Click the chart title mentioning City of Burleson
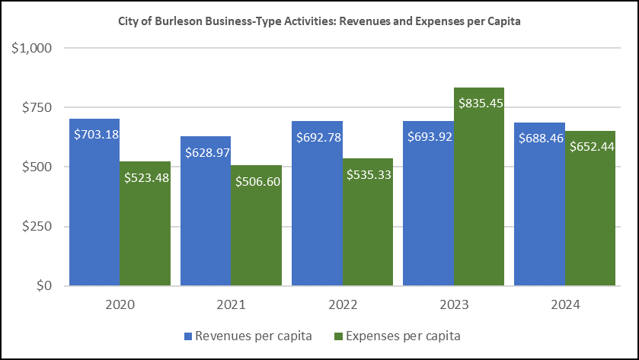coord(319,21)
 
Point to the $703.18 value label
coord(95,134)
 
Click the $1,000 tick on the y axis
coord(31,48)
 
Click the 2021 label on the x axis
coord(231,305)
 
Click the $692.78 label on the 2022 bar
coord(317,138)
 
